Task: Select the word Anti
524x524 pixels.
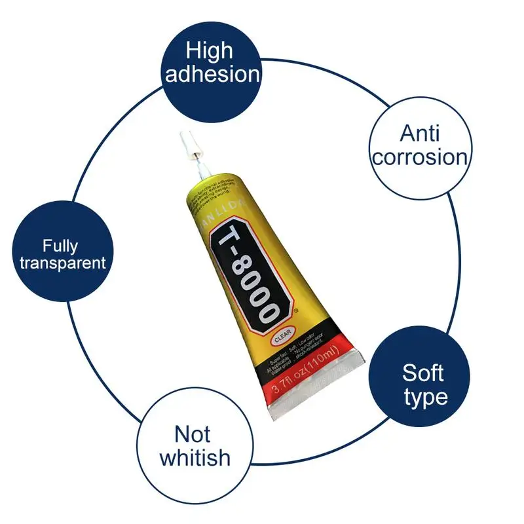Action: point(420,134)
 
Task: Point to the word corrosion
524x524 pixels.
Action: point(420,157)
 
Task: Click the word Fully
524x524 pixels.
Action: point(60,246)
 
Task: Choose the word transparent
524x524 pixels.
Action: point(62,263)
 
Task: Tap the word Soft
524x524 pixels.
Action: point(423,373)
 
